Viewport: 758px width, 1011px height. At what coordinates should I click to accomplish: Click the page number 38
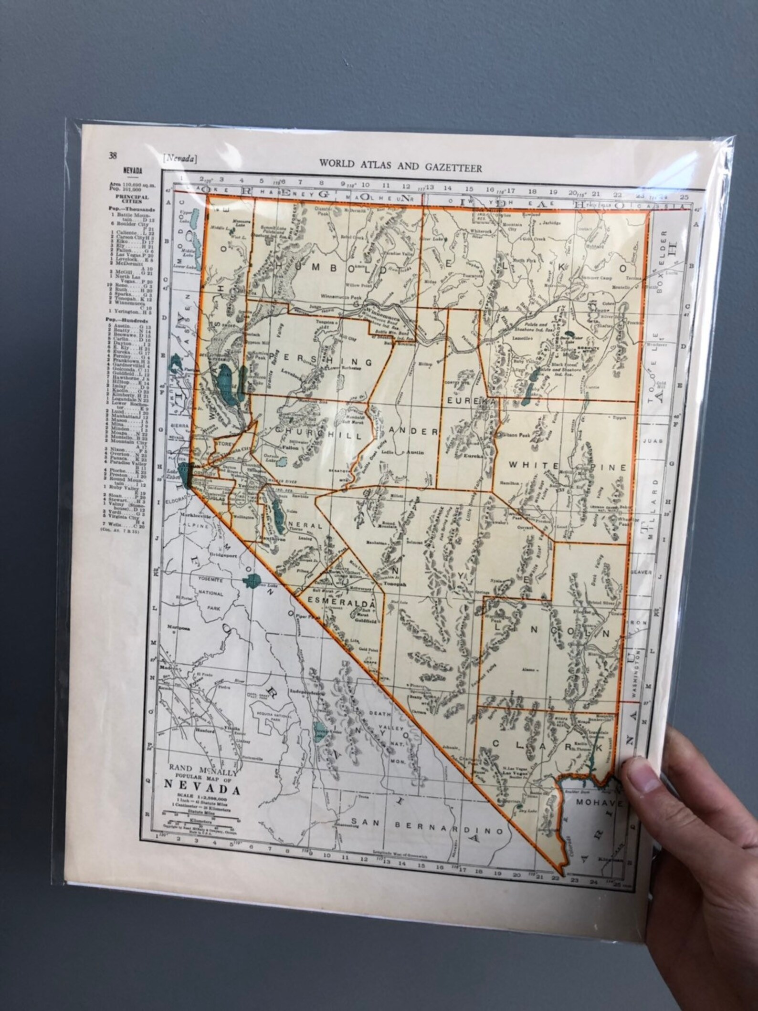tap(113, 154)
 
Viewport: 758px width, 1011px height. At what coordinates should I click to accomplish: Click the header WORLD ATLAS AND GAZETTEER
tap(400, 167)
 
